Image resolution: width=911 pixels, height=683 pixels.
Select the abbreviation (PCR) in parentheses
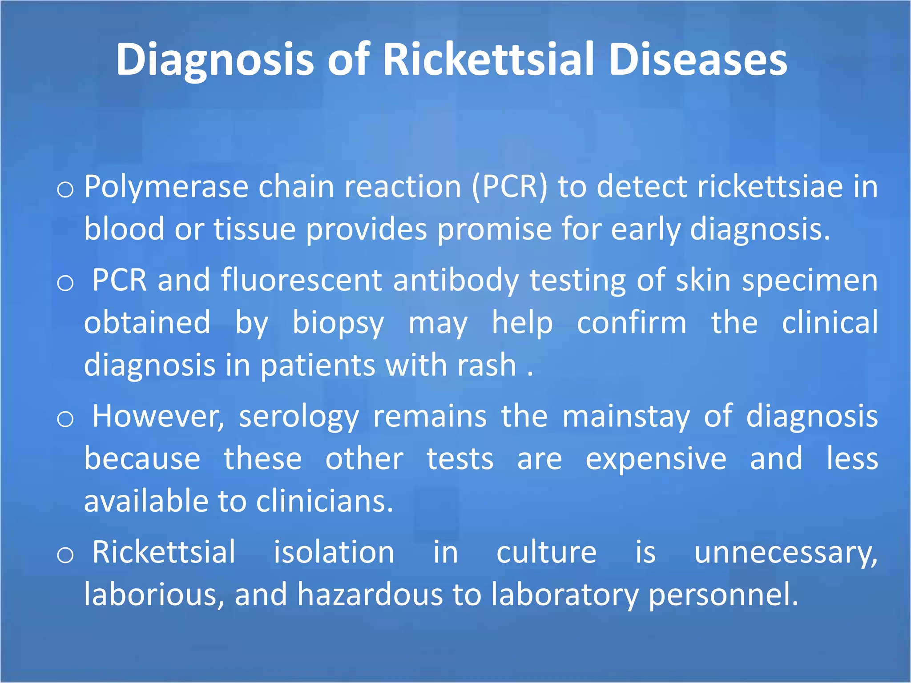pos(509,187)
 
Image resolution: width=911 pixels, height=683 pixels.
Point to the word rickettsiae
pos(770,187)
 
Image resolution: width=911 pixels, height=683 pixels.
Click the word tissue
pos(254,229)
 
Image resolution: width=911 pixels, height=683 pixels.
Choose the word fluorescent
pos(301,280)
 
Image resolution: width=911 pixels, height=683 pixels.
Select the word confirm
pos(632,323)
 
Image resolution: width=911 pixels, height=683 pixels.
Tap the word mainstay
pos(626,417)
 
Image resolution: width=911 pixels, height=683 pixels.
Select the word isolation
pos(334,552)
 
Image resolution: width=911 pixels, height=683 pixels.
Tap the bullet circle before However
pos(65,419)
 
